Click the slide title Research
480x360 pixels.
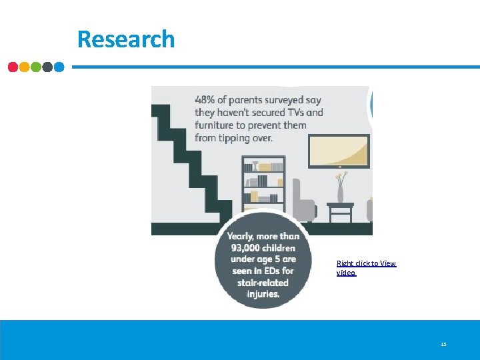125,39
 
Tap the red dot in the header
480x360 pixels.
13,67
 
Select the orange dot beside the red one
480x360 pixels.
25,67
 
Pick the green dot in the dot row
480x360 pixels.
36,67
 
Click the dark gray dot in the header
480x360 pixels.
47,67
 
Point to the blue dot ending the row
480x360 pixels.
59,67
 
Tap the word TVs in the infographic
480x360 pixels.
297,113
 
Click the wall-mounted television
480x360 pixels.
339,151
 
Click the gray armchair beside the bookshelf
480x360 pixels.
303,200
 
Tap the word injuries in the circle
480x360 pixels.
263,293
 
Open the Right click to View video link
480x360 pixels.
366,268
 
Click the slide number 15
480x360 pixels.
443,345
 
